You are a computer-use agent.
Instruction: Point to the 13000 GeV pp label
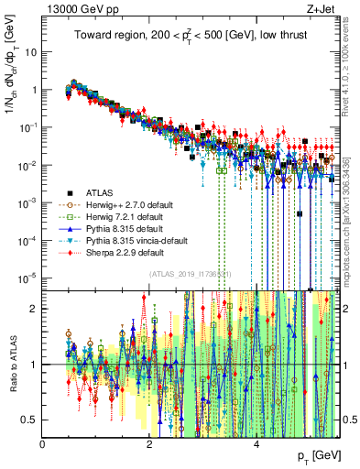tap(74, 9)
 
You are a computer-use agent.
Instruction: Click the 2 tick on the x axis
tap(149, 444)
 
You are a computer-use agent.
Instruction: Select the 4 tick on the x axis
tap(256, 444)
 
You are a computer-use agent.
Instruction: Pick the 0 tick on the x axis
tap(43, 444)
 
